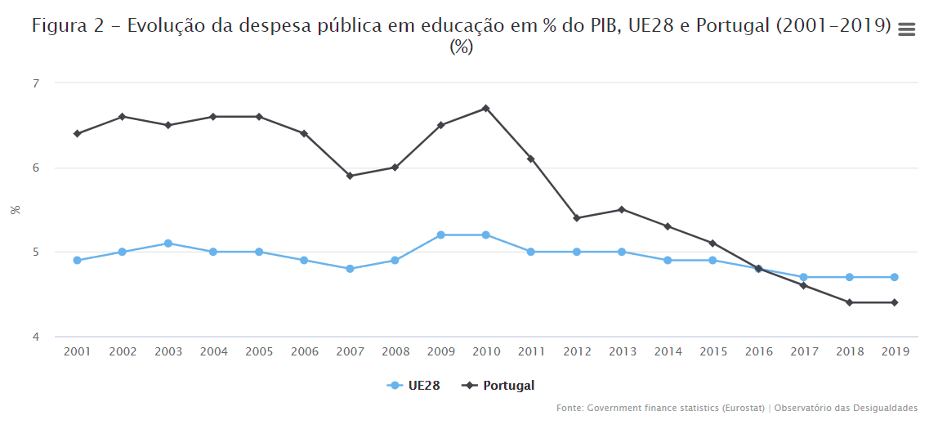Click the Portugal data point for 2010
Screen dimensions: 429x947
click(485, 108)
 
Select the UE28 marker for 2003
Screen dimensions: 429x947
click(168, 244)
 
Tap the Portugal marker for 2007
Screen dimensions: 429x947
click(350, 176)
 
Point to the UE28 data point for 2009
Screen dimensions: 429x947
click(440, 235)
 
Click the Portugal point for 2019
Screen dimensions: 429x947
click(895, 302)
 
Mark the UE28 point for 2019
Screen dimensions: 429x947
click(895, 277)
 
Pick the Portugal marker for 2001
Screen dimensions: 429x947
click(77, 133)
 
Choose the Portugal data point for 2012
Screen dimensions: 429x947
click(577, 218)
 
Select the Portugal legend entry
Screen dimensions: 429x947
click(498, 386)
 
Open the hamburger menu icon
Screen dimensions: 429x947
click(906, 29)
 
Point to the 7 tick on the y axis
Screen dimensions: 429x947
click(35, 83)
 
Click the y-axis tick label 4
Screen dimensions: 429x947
click(35, 337)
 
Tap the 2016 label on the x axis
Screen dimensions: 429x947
click(758, 351)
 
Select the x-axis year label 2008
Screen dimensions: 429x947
click(395, 351)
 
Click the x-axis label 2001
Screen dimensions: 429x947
click(77, 351)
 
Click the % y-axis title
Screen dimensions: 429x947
click(16, 210)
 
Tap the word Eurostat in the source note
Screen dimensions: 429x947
click(746, 408)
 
